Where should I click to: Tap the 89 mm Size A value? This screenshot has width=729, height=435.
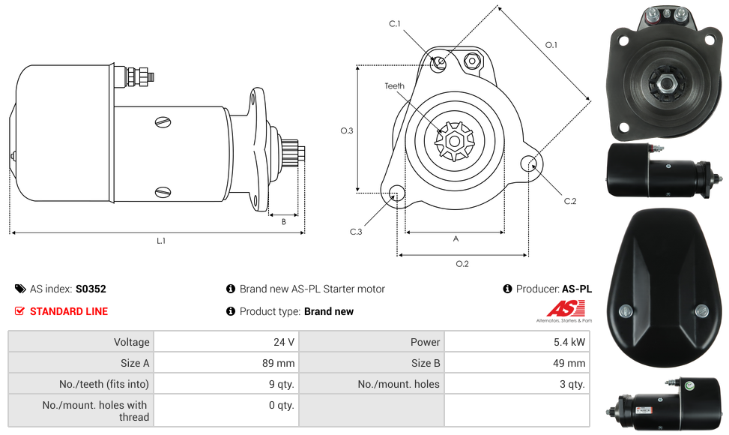pyautogui.click(x=279, y=363)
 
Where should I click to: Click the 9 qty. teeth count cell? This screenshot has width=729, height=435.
pyautogui.click(x=282, y=384)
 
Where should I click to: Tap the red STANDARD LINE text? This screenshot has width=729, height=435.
pyautogui.click(x=69, y=311)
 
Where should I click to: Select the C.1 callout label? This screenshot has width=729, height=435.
pyautogui.click(x=395, y=24)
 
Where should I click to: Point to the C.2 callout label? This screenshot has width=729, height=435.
pyautogui.click(x=570, y=201)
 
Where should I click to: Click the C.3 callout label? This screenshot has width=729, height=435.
pyautogui.click(x=356, y=232)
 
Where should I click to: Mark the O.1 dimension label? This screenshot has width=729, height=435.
pyautogui.click(x=551, y=45)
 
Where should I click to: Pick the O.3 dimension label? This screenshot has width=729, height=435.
pyautogui.click(x=347, y=130)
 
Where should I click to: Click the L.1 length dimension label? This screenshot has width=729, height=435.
pyautogui.click(x=160, y=241)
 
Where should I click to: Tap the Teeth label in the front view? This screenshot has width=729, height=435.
pyautogui.click(x=395, y=86)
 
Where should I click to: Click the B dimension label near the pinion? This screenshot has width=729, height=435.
pyautogui.click(x=283, y=222)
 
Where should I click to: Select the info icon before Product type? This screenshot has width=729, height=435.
pyautogui.click(x=231, y=311)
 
